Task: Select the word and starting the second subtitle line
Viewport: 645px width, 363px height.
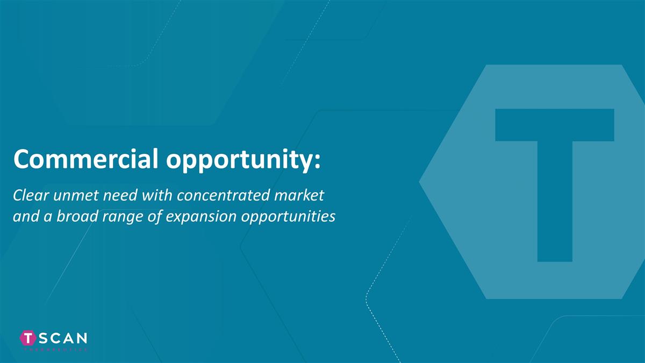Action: coord(23,216)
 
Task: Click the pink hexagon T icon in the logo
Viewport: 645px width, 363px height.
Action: coord(28,338)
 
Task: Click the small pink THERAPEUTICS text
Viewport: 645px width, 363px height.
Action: coord(54,350)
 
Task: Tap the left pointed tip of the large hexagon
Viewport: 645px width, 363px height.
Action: coord(421,181)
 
